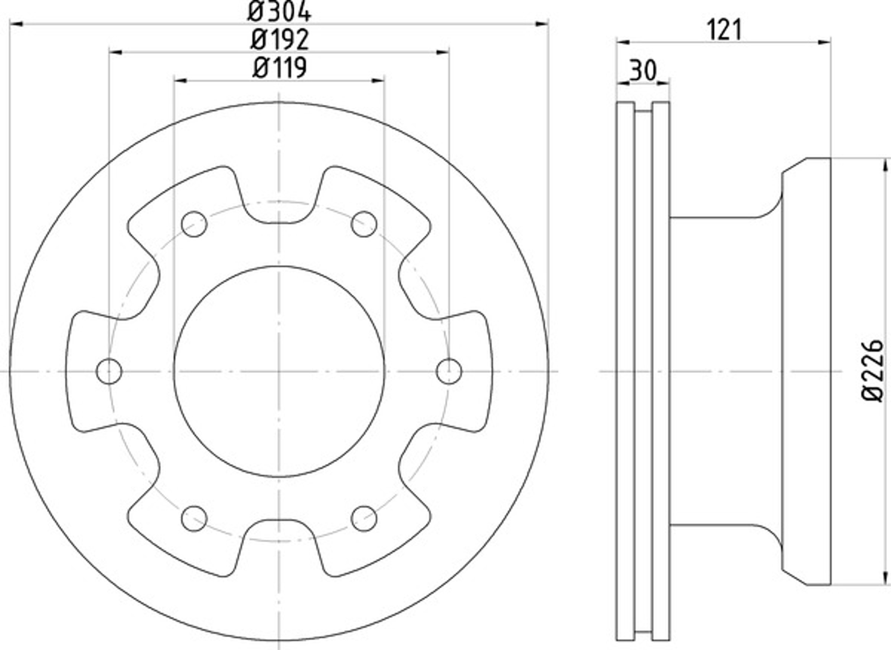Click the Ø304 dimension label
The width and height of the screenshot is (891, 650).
coord(279,12)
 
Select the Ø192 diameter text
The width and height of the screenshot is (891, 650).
coord(280,40)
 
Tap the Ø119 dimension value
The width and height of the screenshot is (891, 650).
coord(279,68)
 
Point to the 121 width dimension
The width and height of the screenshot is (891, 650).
coord(724,30)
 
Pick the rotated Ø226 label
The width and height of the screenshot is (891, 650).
coord(872,371)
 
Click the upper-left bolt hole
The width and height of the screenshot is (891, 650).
coord(194,224)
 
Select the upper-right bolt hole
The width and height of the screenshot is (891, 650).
coord(364,224)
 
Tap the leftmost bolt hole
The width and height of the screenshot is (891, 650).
coord(109,371)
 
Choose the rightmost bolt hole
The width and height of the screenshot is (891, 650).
coord(449,371)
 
